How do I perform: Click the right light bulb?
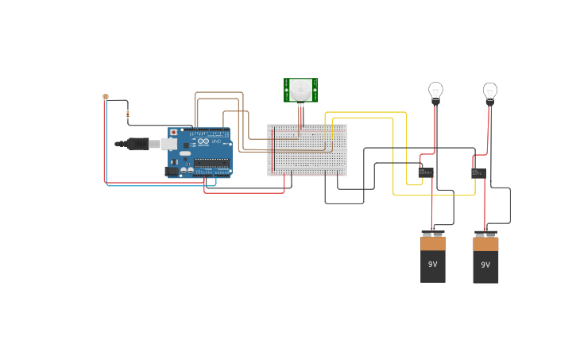click(490, 91)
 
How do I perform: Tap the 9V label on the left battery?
click(433, 265)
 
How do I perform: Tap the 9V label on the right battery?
click(485, 265)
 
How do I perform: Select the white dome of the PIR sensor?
click(300, 89)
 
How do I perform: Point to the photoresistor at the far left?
click(106, 97)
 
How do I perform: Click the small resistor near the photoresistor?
click(128, 114)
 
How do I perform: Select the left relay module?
click(426, 172)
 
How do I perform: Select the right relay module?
click(477, 172)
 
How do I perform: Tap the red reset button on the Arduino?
click(173, 132)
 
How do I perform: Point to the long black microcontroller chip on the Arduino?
click(212, 165)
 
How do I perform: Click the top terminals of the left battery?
click(433, 234)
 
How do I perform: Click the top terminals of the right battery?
click(485, 234)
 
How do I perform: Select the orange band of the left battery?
click(433, 244)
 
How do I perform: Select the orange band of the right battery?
click(485, 244)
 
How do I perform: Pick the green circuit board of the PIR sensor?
click(288, 90)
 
